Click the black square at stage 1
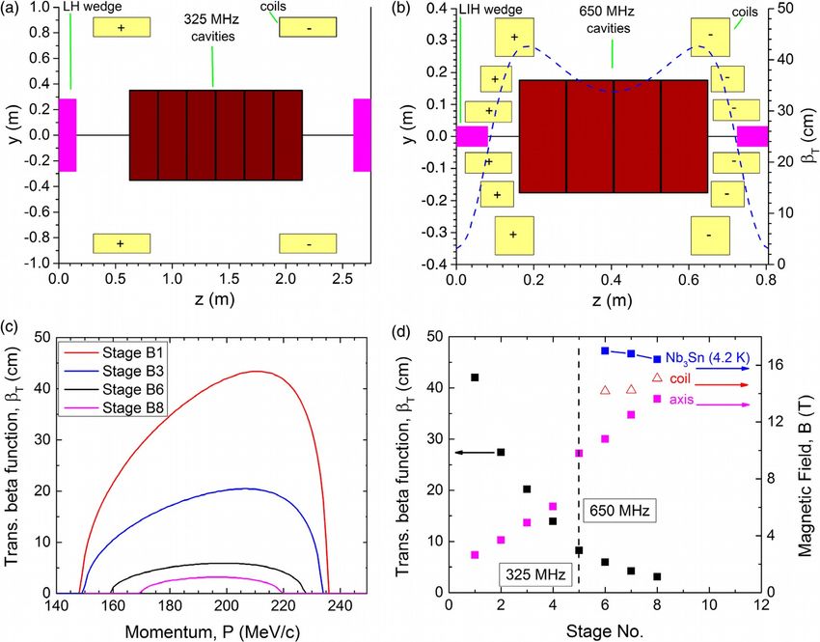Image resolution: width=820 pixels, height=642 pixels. (x=475, y=377)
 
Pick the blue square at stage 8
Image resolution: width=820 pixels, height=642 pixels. (x=657, y=359)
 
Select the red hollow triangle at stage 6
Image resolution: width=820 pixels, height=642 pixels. (x=605, y=390)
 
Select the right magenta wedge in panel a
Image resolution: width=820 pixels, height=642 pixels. (x=362, y=135)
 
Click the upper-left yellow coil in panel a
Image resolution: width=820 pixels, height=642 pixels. (x=121, y=27)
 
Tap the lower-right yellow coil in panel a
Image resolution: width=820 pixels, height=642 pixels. (x=308, y=244)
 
